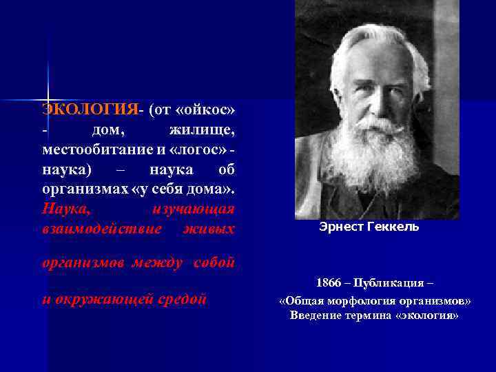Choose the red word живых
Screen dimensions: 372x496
coord(209,228)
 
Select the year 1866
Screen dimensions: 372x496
coord(328,284)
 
